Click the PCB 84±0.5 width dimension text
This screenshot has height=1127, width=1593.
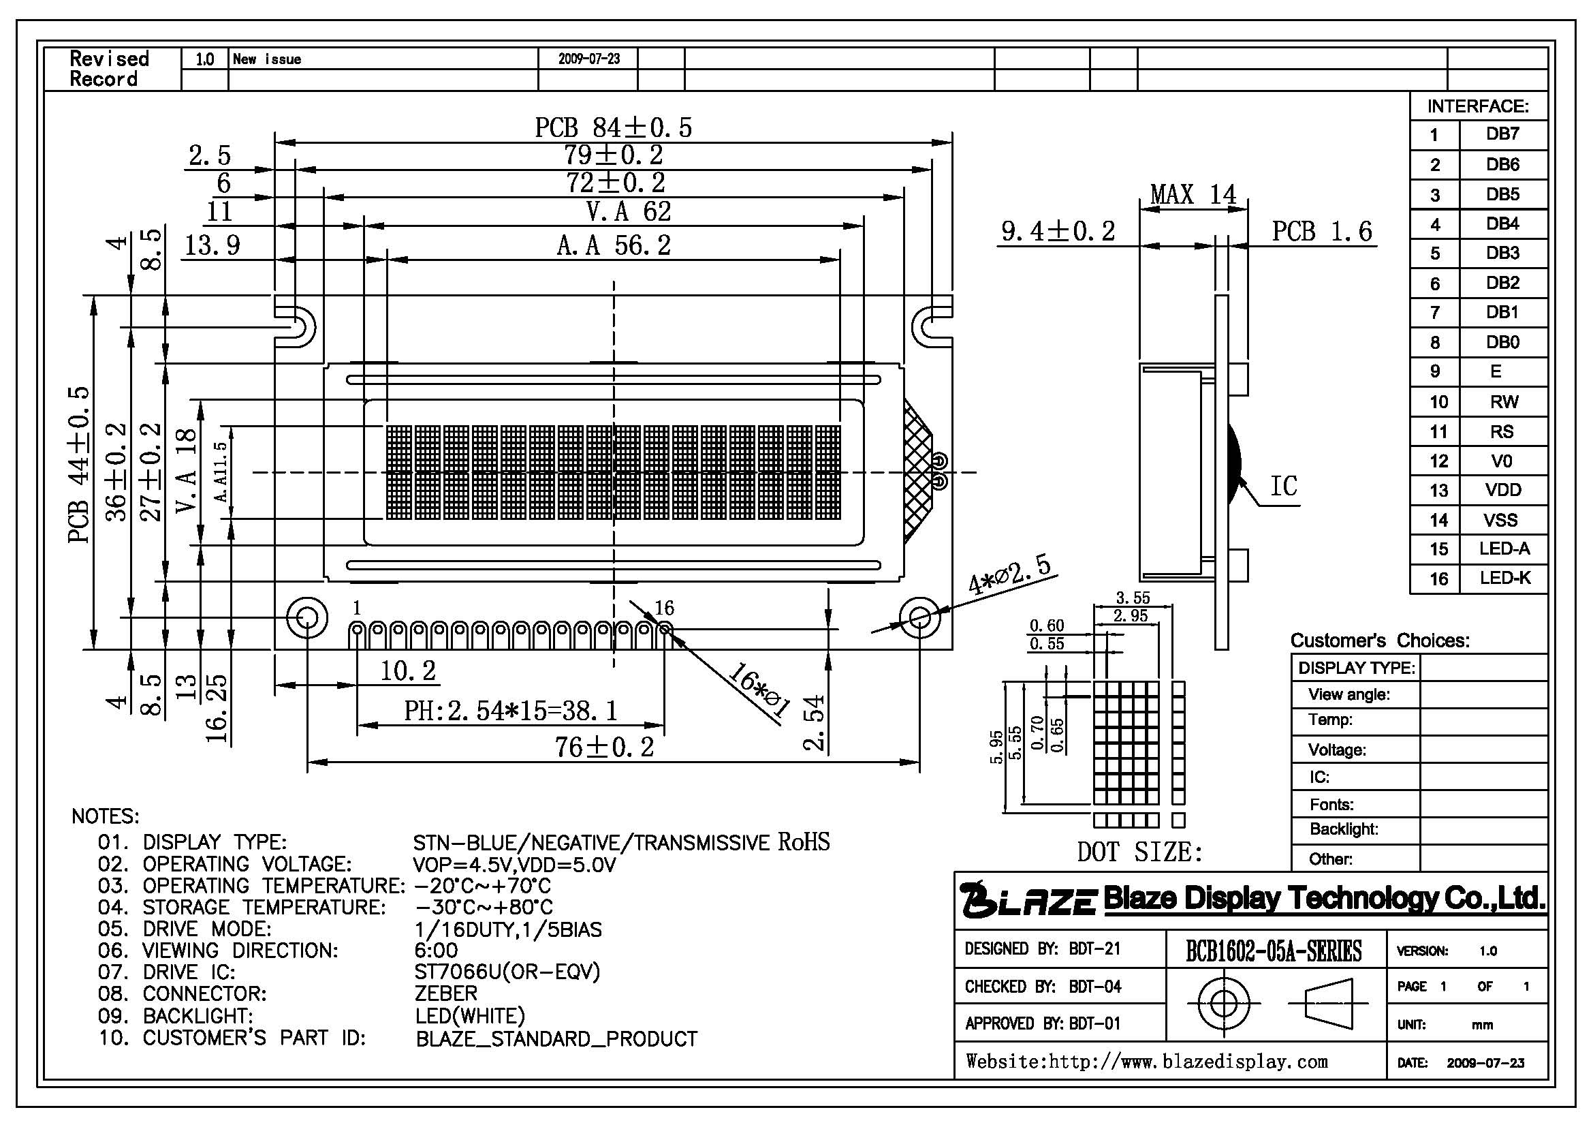(614, 127)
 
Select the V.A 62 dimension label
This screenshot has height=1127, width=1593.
(629, 212)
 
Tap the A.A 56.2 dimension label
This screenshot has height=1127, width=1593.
(614, 246)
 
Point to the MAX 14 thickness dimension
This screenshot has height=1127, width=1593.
(1193, 194)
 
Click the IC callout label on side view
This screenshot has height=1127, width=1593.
(1284, 486)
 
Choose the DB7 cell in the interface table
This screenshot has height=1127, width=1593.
(1503, 134)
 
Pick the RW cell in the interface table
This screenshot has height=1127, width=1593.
(1504, 402)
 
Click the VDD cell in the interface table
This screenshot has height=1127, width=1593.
(1503, 490)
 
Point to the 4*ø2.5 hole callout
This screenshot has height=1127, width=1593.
(1009, 575)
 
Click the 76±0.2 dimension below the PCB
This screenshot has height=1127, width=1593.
(604, 747)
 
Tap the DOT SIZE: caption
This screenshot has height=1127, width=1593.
(1140, 852)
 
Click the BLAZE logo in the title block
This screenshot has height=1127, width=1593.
(1028, 899)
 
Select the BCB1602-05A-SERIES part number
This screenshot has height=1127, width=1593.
(1274, 951)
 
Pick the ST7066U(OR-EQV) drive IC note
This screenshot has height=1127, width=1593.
(507, 972)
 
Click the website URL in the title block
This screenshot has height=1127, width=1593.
(1147, 1062)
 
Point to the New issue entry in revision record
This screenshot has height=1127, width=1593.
(267, 59)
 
